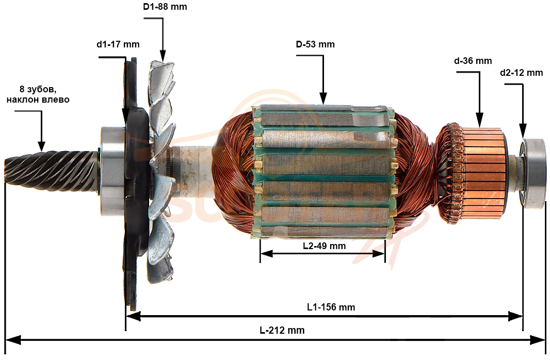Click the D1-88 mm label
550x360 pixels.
coord(165,7)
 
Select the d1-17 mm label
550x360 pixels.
coord(118,44)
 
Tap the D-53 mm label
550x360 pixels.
coord(315,44)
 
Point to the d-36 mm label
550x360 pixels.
coord(473,61)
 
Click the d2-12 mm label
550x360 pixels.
coord(522,73)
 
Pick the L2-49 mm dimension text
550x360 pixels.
coord(325,246)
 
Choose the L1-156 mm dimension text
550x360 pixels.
coord(331,307)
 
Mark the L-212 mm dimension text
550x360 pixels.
coord(282,330)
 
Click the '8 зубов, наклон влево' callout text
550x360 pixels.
coord(38,94)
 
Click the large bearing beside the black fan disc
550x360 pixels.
coord(112,171)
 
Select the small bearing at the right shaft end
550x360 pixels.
coord(533,173)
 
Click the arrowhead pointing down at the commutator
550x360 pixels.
coord(479,120)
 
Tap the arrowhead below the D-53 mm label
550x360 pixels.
coord(323,98)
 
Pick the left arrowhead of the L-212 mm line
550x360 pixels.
coord(13,340)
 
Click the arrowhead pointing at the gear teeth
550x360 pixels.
coord(41,146)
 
